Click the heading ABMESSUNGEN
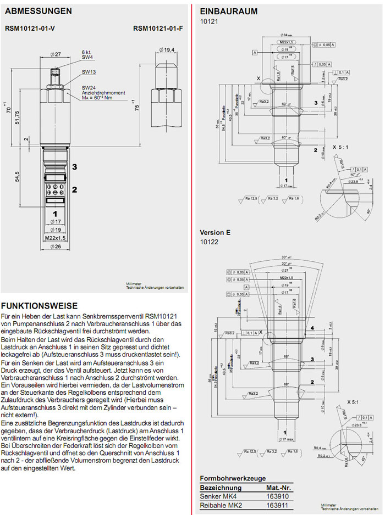click(38, 10)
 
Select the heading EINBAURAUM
click(221, 11)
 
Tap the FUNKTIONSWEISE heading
click(40, 306)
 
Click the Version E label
click(215, 232)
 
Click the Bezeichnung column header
click(221, 487)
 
